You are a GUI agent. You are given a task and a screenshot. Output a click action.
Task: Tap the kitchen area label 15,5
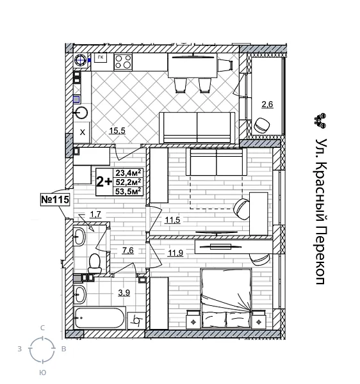[x=116, y=131]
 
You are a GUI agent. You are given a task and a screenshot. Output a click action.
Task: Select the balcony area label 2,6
[x=266, y=104]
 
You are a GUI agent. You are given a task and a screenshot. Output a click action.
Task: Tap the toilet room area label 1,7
[x=95, y=214]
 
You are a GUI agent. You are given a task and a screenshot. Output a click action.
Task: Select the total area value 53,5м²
[x=128, y=191]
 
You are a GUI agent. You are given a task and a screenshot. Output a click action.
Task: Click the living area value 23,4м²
[x=128, y=172]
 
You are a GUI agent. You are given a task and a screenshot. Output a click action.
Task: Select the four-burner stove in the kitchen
[x=123, y=62]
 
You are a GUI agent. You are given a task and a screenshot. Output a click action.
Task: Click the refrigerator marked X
[x=83, y=132]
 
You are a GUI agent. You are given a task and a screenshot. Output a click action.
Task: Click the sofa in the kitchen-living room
[x=197, y=128]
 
